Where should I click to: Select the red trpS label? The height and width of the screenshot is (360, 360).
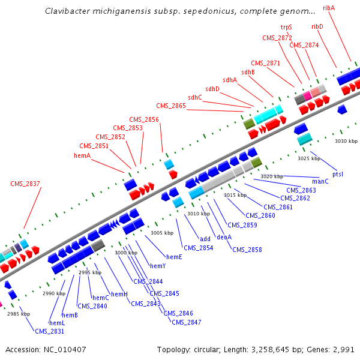[x=286, y=28]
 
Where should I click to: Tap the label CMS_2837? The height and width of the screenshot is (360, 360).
[x=25, y=184]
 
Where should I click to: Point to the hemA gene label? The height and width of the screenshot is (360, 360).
[x=82, y=155]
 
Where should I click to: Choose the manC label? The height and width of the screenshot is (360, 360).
[x=320, y=181]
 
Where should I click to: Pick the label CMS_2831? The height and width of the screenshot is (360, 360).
[x=49, y=331]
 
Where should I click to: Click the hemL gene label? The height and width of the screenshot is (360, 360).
[x=57, y=323]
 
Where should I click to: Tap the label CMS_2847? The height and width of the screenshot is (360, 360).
[x=186, y=322]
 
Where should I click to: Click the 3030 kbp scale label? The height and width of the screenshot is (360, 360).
[x=346, y=141]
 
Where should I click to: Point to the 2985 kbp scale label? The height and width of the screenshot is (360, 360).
[x=19, y=314]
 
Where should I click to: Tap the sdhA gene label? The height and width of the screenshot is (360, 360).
[x=230, y=80]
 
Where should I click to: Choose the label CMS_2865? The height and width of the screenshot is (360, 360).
[x=171, y=106]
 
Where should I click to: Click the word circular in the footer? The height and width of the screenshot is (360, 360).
[x=210, y=349]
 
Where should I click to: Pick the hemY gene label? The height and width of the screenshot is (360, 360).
[x=158, y=266]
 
